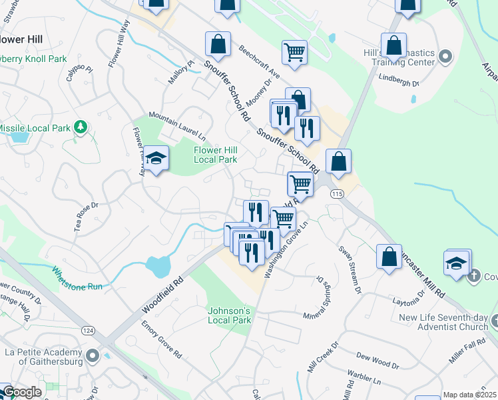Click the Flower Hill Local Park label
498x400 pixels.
click(215, 155)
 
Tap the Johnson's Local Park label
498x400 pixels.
click(229, 315)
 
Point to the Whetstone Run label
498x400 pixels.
click(78, 277)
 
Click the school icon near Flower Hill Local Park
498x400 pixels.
click(156, 159)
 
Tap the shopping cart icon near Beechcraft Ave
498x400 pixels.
click(294, 52)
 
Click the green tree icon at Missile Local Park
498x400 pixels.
click(81, 127)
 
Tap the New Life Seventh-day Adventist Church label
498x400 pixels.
click(443, 323)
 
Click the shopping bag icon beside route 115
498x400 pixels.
click(339, 161)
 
